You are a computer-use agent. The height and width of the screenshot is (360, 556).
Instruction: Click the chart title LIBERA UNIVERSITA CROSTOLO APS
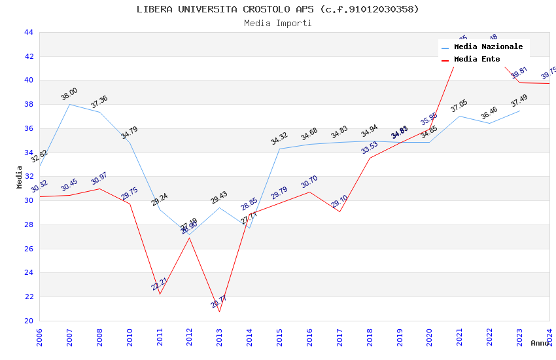[277, 9]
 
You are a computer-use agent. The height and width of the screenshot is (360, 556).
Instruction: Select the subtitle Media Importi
[277, 24]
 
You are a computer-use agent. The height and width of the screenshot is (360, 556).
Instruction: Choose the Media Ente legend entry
[477, 60]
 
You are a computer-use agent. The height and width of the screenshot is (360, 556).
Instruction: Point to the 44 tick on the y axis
[28, 32]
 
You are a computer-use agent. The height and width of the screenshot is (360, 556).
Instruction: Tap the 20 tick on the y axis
[28, 321]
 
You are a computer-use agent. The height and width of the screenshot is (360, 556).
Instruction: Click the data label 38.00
[69, 94]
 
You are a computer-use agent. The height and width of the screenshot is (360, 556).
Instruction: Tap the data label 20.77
[218, 302]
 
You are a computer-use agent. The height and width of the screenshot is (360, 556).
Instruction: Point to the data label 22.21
[159, 284]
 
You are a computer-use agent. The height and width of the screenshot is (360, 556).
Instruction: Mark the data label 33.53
[369, 148]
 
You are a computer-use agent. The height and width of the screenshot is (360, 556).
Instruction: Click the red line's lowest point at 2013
[219, 312]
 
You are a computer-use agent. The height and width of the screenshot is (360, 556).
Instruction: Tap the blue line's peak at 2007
[69, 104]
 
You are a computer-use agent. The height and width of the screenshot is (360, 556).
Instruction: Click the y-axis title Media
[20, 177]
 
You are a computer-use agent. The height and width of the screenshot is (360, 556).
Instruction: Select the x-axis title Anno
[540, 343]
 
